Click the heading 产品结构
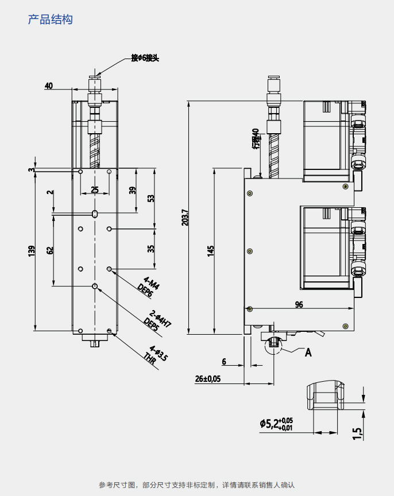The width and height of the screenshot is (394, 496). point(51,20)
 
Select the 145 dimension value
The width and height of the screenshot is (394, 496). point(211,250)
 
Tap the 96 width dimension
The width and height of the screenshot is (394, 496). point(299,305)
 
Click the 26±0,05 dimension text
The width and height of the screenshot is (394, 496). point(208,378)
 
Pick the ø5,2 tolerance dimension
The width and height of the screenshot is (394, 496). point(276,424)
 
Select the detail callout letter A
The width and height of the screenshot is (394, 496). point(308,352)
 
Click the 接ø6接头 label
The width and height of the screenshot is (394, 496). point(144,57)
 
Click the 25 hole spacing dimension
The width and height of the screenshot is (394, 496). point(95,189)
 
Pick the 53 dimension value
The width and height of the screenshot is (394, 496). point(150,198)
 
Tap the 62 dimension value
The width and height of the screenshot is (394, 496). point(50,250)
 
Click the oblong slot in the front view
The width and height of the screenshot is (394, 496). point(95,214)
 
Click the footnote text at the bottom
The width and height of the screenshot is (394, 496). point(196,485)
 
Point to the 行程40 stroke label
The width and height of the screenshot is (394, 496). point(256,138)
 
